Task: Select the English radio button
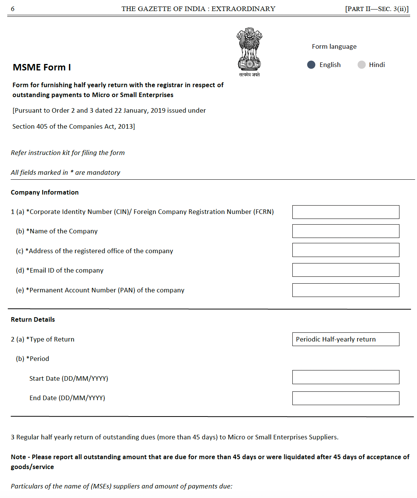click(x=311, y=65)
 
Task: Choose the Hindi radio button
click(x=361, y=65)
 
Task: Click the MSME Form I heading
click(x=42, y=67)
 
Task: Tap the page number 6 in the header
click(x=13, y=9)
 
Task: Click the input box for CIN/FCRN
click(x=345, y=212)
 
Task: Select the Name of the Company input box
click(x=345, y=231)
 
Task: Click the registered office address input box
click(x=345, y=250)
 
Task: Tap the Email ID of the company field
click(x=345, y=270)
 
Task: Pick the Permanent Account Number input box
click(x=345, y=290)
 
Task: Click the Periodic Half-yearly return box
click(x=345, y=339)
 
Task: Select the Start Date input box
click(x=345, y=377)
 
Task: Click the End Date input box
click(x=345, y=398)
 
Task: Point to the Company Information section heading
click(x=45, y=192)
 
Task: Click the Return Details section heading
click(x=33, y=319)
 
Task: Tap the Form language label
click(x=334, y=46)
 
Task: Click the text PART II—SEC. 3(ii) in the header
click(x=377, y=9)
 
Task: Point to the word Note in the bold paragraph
click(x=18, y=457)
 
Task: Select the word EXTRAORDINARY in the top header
click(x=243, y=9)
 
